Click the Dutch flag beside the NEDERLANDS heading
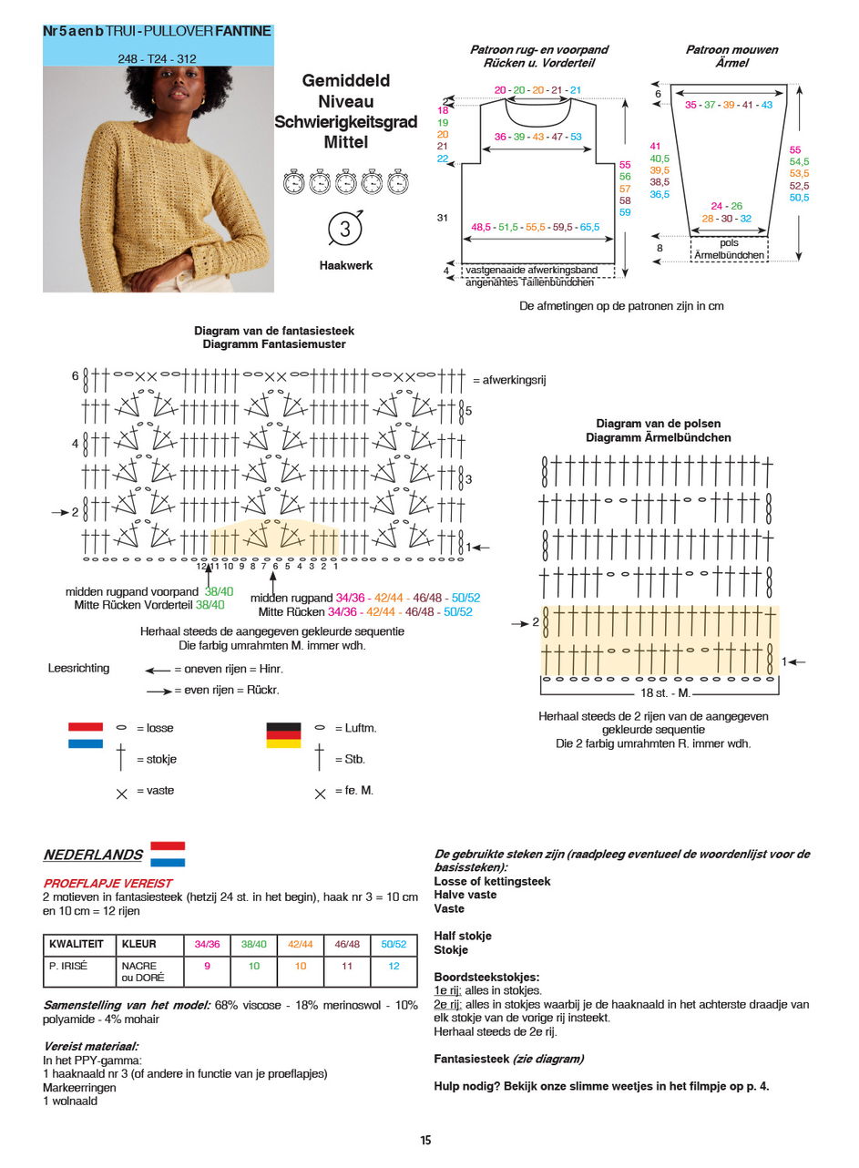168,854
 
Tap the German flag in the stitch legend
283,735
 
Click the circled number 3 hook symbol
345,229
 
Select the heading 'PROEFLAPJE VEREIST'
107,884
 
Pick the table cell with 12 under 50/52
394,966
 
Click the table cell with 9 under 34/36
207,966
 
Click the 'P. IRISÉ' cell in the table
68,966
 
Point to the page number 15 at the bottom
425,1140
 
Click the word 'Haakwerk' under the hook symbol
345,266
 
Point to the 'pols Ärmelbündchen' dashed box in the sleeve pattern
729,250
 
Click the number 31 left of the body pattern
443,218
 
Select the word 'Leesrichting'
78,668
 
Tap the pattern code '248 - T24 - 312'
158,58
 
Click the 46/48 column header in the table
347,945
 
